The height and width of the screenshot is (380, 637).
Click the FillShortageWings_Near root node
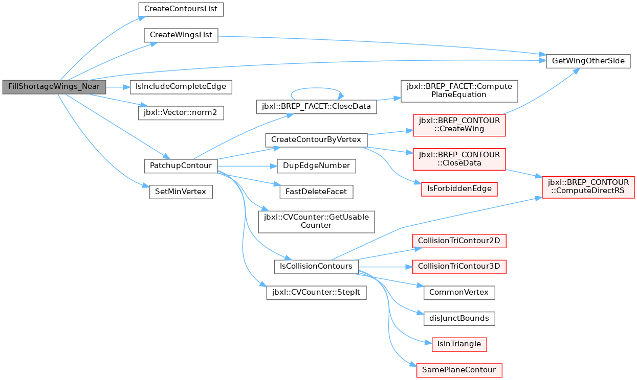pos(54,87)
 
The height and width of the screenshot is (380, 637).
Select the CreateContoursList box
pos(181,9)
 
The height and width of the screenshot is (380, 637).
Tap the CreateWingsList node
pos(181,35)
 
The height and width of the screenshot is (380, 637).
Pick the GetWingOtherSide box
pos(588,61)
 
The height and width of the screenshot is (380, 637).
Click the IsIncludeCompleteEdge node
pos(181,87)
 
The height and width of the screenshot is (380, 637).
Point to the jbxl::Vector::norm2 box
pos(181,113)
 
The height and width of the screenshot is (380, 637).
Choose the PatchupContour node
pos(181,166)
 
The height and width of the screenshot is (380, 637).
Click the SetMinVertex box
pos(181,192)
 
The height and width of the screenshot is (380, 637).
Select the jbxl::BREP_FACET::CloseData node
pos(316,107)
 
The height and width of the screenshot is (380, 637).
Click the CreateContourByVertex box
pos(316,140)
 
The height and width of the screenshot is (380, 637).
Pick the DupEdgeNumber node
pos(316,166)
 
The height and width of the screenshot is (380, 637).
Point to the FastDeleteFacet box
pos(316,192)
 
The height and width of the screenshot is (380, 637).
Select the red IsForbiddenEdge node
pos(459,189)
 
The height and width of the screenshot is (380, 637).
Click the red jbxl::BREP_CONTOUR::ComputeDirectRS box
pos(588,187)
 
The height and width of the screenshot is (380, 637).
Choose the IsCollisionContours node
pos(316,267)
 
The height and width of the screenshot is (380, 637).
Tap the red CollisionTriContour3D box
pos(459,267)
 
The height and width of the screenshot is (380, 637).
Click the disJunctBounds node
pos(459,319)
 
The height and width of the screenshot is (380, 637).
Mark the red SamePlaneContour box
pos(459,371)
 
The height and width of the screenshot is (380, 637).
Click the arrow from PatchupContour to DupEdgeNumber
pos(247,167)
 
